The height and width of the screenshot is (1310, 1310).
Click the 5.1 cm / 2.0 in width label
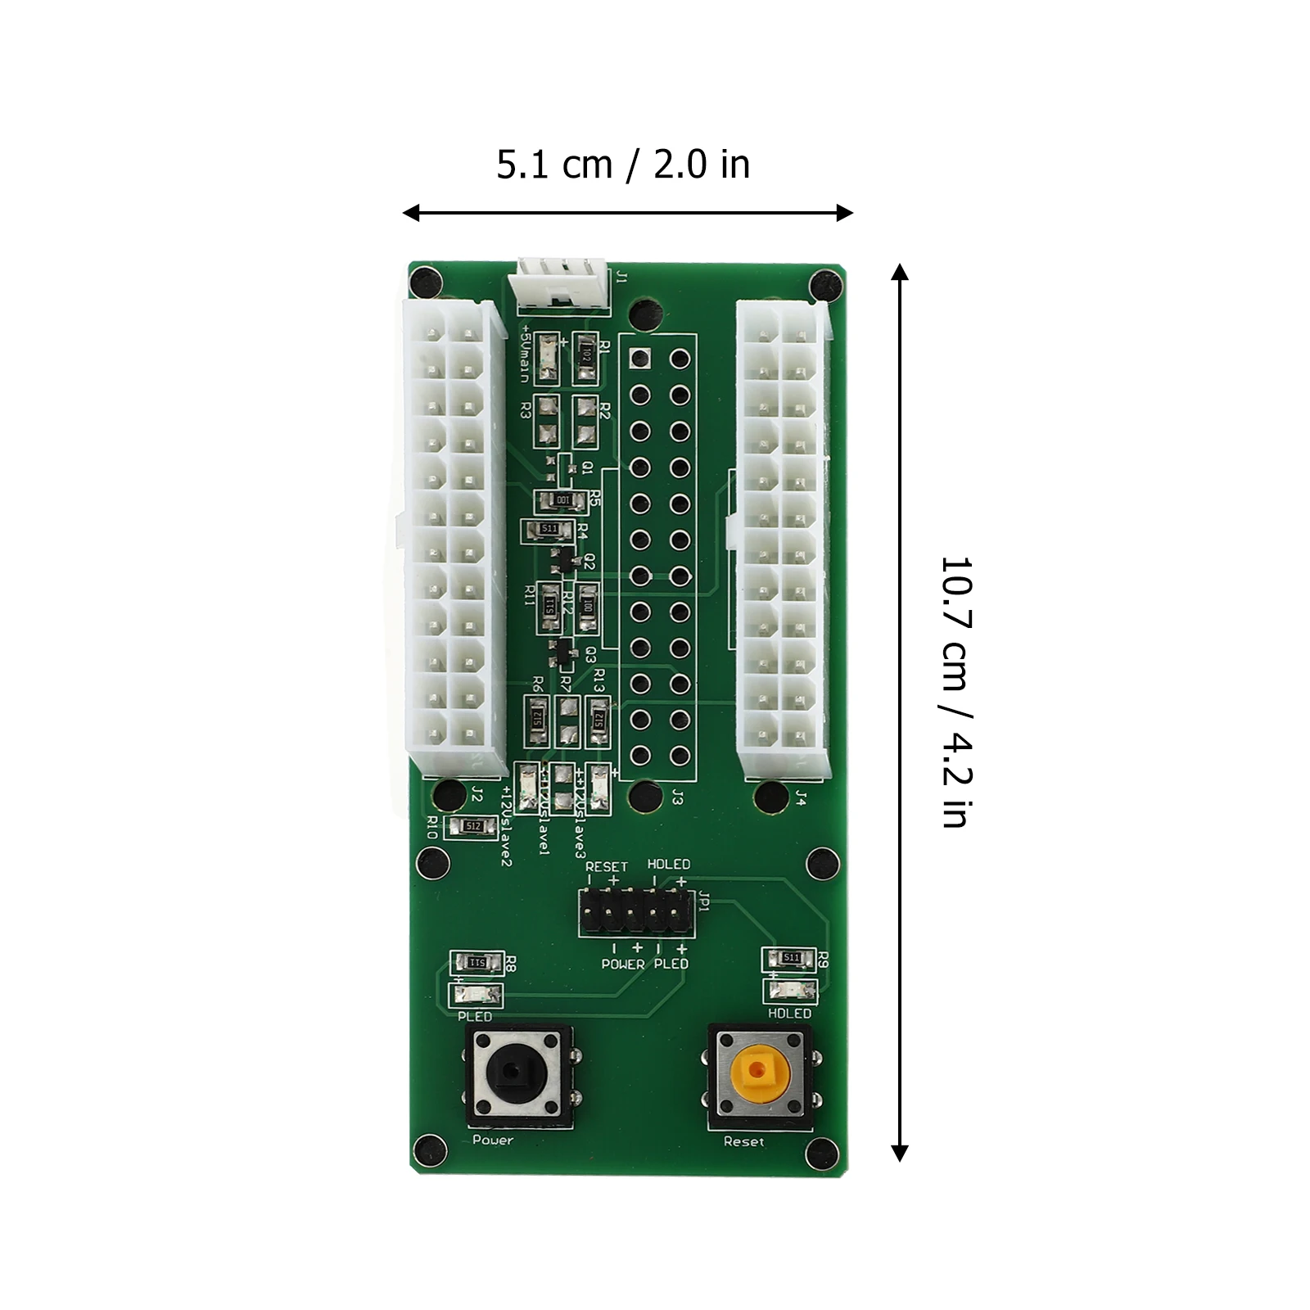pyautogui.click(x=623, y=165)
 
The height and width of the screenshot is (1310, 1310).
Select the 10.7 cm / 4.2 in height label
pyautogui.click(x=955, y=692)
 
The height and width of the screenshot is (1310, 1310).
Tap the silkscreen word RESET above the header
pyautogui.click(x=607, y=866)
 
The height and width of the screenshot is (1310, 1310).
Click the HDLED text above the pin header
pyautogui.click(x=669, y=864)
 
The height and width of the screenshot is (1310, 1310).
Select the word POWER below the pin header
pyautogui.click(x=623, y=964)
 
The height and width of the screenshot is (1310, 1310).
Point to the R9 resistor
pyautogui.click(x=790, y=957)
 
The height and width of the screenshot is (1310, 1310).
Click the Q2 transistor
pyautogui.click(x=564, y=562)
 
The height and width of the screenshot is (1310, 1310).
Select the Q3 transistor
pyautogui.click(x=564, y=652)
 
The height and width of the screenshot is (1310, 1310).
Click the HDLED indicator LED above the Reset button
pyautogui.click(x=790, y=990)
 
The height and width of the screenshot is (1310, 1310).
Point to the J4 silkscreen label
pyautogui.click(x=801, y=797)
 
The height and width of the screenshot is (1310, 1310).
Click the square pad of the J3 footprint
pyautogui.click(x=639, y=358)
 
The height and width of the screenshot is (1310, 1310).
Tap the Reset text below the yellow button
pyautogui.click(x=743, y=1141)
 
